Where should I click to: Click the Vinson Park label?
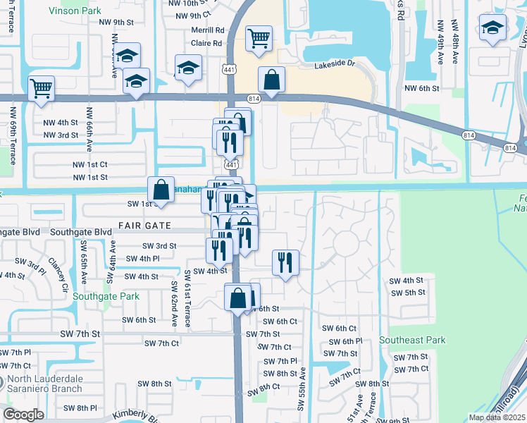click(75, 11)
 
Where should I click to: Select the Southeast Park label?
click(412, 340)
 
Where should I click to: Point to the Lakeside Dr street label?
click(337, 63)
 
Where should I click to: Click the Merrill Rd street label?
click(207, 30)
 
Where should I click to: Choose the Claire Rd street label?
click(206, 43)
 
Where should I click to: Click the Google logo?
click(23, 415)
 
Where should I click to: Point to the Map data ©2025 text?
click(496, 417)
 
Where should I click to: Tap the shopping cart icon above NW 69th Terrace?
click(42, 89)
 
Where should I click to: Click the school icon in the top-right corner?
click(492, 29)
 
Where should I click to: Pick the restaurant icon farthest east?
click(285, 262)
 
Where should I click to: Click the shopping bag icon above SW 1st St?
click(161, 189)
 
